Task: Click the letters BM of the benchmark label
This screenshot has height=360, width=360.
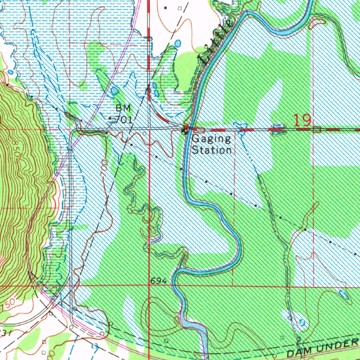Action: [x=123, y=108]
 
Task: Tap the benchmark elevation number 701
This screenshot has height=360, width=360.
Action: [x=124, y=120]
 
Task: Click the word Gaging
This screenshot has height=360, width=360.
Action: [x=211, y=139]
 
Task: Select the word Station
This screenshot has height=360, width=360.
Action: [x=212, y=150]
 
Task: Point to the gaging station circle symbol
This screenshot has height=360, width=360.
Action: [x=184, y=132]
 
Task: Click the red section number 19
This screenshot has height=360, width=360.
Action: [x=302, y=121]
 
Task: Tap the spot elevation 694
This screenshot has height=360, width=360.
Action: [x=158, y=281]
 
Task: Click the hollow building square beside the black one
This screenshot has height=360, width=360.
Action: [x=180, y=8]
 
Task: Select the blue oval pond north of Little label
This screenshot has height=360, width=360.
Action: [x=178, y=43]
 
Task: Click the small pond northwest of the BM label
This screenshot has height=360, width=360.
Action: [x=114, y=91]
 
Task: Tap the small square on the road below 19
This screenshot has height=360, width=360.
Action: [x=317, y=130]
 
